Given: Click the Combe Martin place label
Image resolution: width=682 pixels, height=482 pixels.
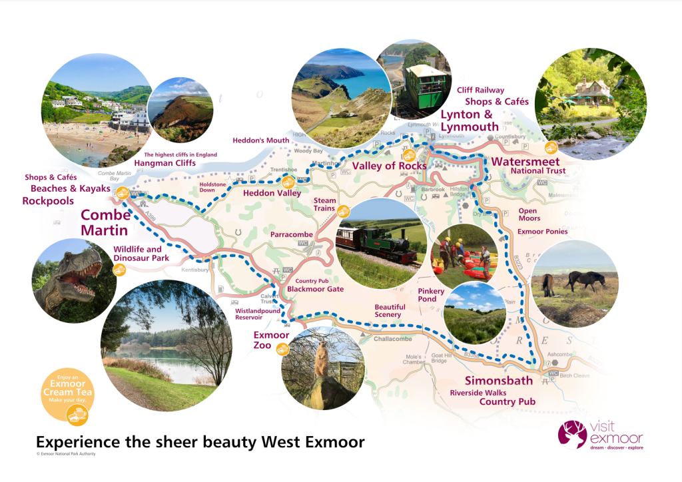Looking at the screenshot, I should (x=105, y=222).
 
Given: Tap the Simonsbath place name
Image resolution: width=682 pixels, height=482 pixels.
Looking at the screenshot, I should (x=498, y=380).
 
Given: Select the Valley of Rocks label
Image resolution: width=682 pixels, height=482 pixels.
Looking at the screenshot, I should (x=389, y=166).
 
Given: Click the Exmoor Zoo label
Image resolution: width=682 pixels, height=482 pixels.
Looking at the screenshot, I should (x=271, y=340).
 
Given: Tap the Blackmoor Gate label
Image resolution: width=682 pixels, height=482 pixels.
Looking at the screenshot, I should (x=315, y=290).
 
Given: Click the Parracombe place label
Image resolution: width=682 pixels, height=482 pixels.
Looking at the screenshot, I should (x=292, y=235).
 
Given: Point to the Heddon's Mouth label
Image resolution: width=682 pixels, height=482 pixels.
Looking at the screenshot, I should (x=261, y=140).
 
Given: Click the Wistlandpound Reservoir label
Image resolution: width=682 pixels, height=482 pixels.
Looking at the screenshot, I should (x=257, y=314).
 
